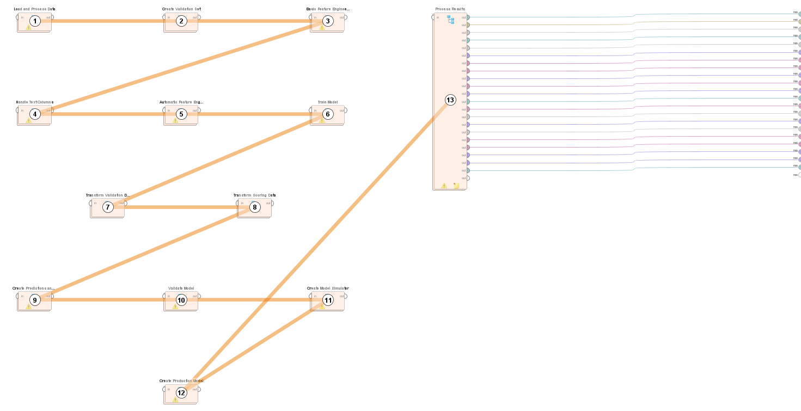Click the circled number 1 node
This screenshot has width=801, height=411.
[x=35, y=21]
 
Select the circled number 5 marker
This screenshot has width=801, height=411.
[x=181, y=114]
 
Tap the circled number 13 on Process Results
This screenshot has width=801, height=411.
[x=450, y=100]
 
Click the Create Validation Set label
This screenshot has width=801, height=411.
[x=181, y=9]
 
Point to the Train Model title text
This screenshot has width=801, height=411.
[x=328, y=102]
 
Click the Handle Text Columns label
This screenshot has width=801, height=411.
[x=34, y=102]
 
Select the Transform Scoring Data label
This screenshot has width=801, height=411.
[x=254, y=195]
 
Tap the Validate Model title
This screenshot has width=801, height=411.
[x=181, y=289]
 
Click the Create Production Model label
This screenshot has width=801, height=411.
[x=181, y=381]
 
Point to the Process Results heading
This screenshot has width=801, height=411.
[x=450, y=9]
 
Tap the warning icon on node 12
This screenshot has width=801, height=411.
[x=175, y=400]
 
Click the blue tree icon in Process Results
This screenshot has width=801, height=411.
[x=451, y=20]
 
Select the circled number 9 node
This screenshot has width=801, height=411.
[x=35, y=300]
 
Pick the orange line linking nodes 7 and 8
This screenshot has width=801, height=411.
[x=180, y=207]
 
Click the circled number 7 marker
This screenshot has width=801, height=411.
[x=108, y=207]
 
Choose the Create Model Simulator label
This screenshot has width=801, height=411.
[x=328, y=289]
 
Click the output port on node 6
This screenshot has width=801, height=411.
[x=345, y=111]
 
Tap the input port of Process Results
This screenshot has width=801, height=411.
[x=433, y=17]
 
